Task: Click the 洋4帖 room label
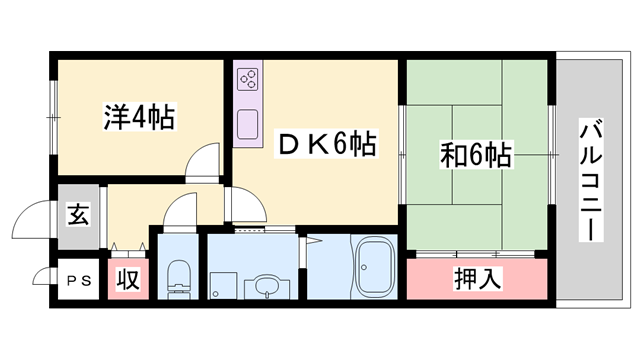tap(138, 118)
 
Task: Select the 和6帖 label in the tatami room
tap(477, 155)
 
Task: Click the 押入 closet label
tap(477, 277)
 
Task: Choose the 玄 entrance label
tap(77, 213)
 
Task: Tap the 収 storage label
tap(128, 281)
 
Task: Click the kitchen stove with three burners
tap(248, 80)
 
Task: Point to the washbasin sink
tap(264, 286)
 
